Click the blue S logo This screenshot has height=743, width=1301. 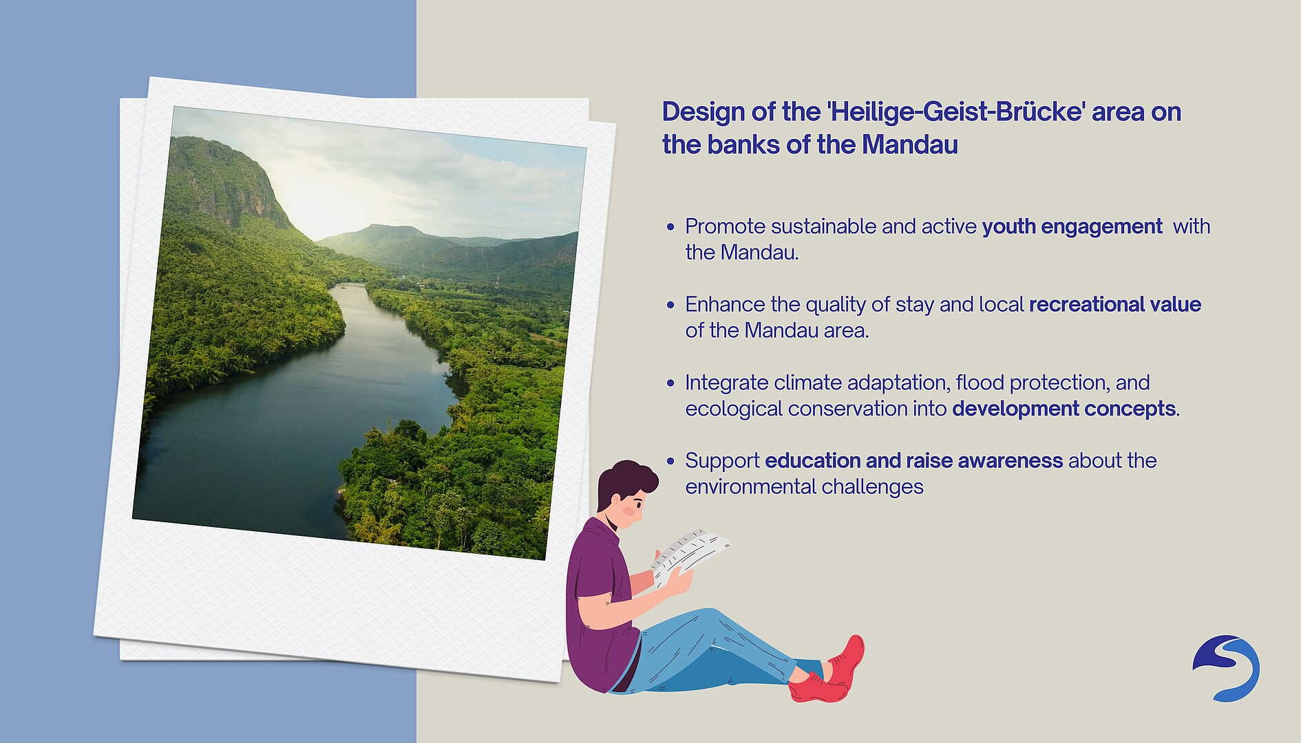[x=1226, y=668]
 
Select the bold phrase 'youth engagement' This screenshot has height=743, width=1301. [x=1072, y=227]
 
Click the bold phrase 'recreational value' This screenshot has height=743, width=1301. [x=1115, y=305]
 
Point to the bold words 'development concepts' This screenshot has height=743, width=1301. [x=1064, y=409]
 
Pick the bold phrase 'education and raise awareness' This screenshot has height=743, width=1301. [x=914, y=460]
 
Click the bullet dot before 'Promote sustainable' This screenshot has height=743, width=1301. [x=671, y=227]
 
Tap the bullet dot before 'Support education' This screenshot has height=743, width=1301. [x=671, y=461]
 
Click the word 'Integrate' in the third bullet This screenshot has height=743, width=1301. [x=727, y=383]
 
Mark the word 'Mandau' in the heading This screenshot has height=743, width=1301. [x=910, y=145]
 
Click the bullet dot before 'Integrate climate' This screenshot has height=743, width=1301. [x=671, y=383]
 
